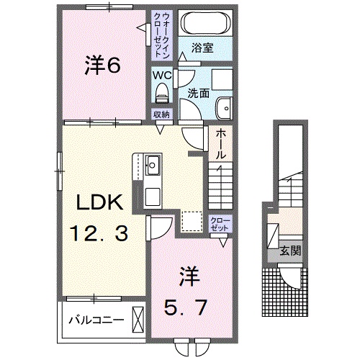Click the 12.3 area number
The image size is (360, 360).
(x=102, y=233)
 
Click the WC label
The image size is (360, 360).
(x=161, y=73)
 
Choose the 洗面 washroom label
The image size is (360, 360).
(x=198, y=93)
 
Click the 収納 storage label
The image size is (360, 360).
(x=161, y=114)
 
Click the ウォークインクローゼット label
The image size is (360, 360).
(x=160, y=35)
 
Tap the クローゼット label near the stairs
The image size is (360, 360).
(x=220, y=223)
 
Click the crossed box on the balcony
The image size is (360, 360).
(x=138, y=318)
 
